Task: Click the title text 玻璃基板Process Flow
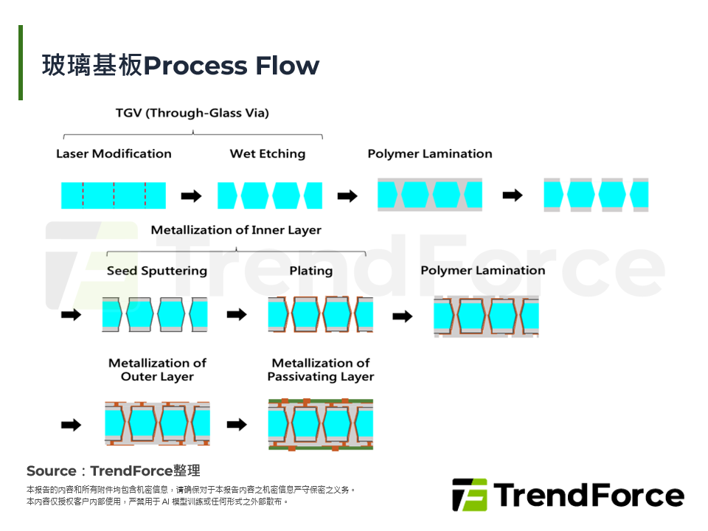(x=181, y=66)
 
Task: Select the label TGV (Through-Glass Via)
(x=192, y=113)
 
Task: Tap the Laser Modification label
(x=114, y=153)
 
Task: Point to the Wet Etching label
(x=267, y=153)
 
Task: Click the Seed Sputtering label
(x=156, y=271)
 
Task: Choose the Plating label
(x=310, y=271)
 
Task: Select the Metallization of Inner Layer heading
(x=236, y=230)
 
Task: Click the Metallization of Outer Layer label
(x=157, y=369)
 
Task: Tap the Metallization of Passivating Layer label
(x=321, y=369)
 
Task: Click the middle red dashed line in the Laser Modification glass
(x=114, y=195)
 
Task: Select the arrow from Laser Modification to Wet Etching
(x=191, y=196)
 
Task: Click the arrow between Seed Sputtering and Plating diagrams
(x=237, y=315)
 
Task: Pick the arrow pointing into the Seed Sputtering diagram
(x=71, y=315)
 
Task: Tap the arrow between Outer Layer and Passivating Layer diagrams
(x=237, y=425)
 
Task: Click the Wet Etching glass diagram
(x=270, y=195)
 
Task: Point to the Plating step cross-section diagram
(x=321, y=315)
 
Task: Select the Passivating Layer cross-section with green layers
(x=321, y=425)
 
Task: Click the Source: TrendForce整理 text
(x=113, y=471)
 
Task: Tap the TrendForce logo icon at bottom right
(x=470, y=495)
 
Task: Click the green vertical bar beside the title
(x=21, y=63)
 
